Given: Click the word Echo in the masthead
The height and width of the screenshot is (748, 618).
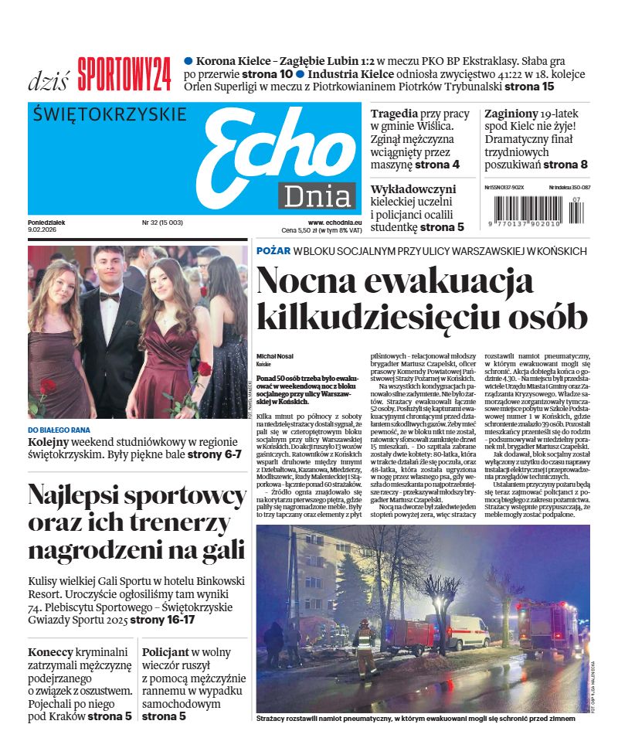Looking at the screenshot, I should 274,150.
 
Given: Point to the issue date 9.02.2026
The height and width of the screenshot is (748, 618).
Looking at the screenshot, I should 42,229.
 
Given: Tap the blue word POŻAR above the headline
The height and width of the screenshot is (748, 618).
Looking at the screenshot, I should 273,251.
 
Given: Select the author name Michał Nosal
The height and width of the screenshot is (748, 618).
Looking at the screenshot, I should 275,355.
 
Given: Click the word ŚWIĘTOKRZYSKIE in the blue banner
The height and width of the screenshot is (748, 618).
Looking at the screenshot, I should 110,114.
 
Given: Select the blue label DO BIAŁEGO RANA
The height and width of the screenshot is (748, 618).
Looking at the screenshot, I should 59,430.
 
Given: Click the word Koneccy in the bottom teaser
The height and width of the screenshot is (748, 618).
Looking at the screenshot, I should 53,652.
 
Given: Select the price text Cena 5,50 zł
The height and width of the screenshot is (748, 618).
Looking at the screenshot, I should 305,230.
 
